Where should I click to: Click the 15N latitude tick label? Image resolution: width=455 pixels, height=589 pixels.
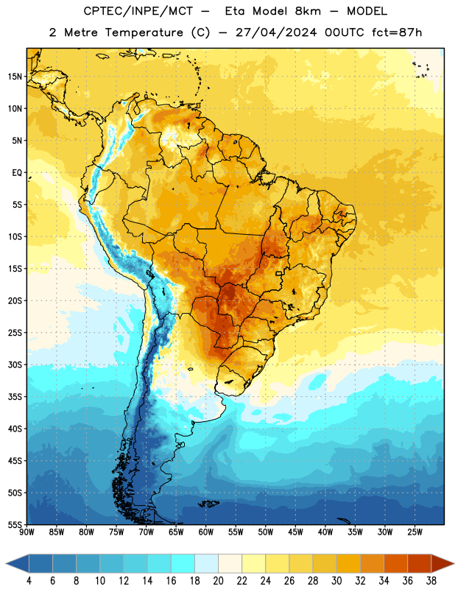pos(15,77)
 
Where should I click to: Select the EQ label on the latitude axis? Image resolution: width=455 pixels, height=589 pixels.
pos(17,173)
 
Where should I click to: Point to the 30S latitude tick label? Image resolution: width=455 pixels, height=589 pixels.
pos(15,364)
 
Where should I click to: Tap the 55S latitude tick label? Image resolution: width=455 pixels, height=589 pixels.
pos(15,524)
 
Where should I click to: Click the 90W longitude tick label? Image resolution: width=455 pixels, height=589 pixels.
pos(27,532)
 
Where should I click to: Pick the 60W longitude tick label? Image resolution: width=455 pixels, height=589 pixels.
pos(206,532)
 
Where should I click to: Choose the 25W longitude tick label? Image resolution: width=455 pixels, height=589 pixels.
pos(415,532)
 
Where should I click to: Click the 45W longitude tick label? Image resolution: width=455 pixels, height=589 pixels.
pos(295,532)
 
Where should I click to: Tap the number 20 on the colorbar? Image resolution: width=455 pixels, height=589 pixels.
pos(218,581)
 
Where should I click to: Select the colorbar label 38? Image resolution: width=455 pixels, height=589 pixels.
pos(431,581)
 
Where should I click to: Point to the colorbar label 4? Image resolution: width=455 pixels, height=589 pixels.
pos(29,581)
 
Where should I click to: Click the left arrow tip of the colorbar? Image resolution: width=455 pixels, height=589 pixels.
pos(6,563)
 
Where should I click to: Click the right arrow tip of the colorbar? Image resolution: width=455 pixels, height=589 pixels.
pos(454,563)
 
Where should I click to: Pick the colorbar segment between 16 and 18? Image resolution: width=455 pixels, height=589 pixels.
pos(183,563)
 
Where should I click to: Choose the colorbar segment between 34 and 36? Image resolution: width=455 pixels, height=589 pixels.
pos(395,563)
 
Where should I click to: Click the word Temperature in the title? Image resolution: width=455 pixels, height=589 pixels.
pos(144,32)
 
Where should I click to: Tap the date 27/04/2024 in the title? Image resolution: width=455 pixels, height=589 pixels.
pos(276,32)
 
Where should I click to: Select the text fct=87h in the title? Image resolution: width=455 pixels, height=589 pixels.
pos(397,32)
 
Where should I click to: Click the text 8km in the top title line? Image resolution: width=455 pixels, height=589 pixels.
pos(308,11)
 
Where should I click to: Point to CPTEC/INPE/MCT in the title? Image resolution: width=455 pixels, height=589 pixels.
pos(138,11)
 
